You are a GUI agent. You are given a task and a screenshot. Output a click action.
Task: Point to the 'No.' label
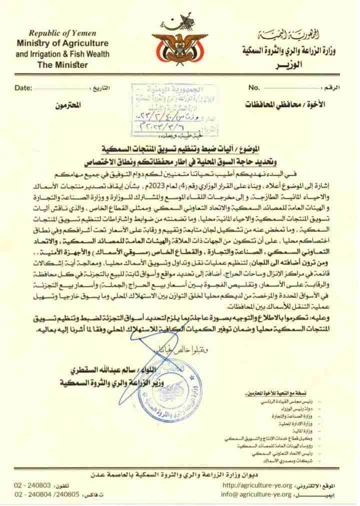255,87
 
